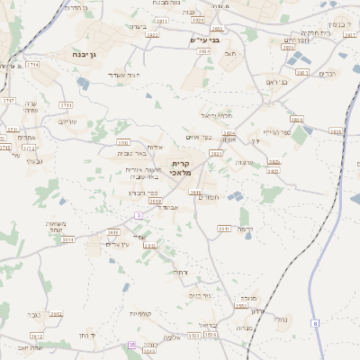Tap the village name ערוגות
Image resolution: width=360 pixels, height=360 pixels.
coord(245,163)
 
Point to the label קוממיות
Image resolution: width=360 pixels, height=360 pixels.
coord(139,313)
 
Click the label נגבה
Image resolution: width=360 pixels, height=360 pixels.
coord(34,314)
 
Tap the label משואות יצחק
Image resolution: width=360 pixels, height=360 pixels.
coord(55,228)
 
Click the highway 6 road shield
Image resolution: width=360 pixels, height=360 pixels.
coord(315,322)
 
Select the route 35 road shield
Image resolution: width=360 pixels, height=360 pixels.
coord(131,345)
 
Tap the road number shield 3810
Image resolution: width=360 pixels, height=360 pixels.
coord(297,119)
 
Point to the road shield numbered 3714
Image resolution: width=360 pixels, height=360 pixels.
coord(32,65)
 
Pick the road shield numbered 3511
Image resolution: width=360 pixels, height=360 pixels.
coord(224,228)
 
